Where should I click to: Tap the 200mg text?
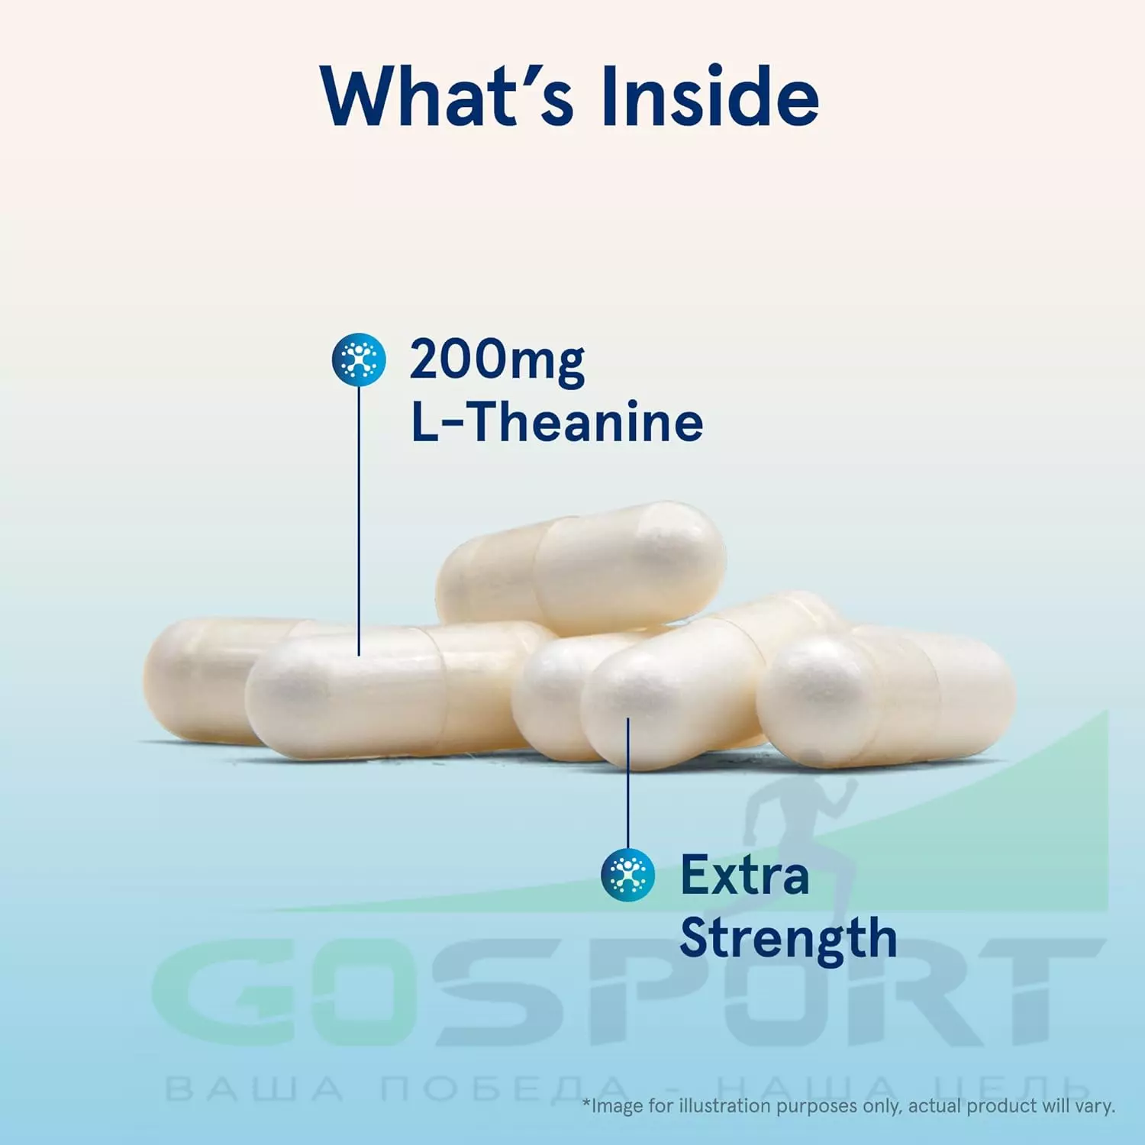click(497, 360)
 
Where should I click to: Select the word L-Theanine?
click(557, 422)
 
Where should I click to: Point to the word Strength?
click(789, 938)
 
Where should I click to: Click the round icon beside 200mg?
click(359, 360)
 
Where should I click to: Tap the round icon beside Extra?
click(628, 875)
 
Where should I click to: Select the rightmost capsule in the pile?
click(885, 696)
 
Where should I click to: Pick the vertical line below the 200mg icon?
click(359, 521)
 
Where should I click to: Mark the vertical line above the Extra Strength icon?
click(628, 783)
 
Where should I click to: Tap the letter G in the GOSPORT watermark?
click(221, 992)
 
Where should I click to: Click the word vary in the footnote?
click(1097, 1107)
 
